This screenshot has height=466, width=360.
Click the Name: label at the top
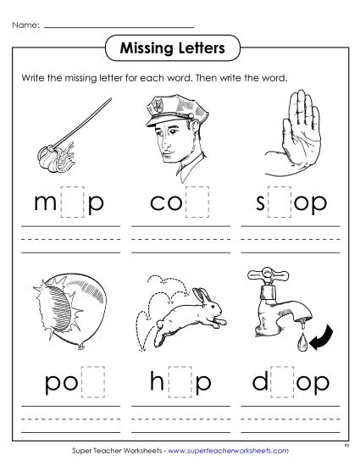click(25, 26)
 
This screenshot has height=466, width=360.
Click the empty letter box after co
click(197, 203)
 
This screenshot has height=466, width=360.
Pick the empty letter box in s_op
click(270, 204)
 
